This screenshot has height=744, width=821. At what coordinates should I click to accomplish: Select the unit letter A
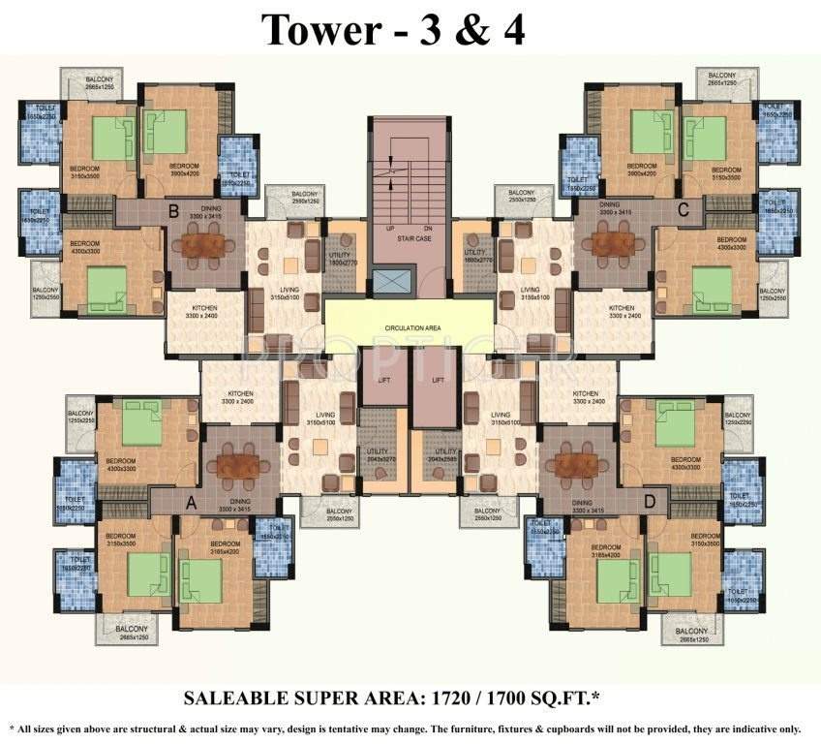click(190, 502)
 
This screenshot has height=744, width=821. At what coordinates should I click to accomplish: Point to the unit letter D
click(650, 502)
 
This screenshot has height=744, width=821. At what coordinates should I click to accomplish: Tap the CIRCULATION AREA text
click(410, 328)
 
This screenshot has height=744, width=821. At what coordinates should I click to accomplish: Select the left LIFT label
click(383, 381)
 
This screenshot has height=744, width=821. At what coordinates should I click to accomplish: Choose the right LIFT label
click(438, 381)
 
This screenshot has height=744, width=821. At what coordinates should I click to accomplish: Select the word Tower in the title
click(316, 30)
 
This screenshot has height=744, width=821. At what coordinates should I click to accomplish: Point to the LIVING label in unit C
click(530, 290)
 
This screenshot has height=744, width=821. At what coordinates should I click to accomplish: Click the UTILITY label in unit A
click(380, 451)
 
